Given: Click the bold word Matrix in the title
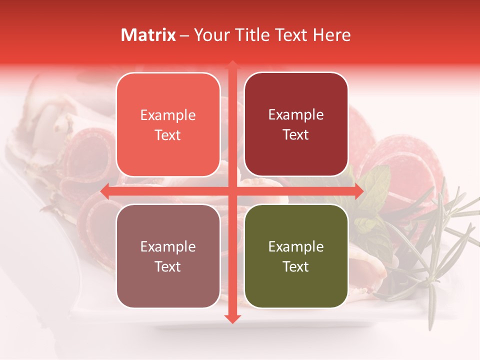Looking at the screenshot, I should click(x=148, y=35).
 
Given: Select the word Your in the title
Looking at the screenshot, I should click(x=210, y=35).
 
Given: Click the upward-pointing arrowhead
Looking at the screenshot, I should click(x=232, y=65).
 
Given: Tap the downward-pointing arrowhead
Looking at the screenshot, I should click(x=232, y=318).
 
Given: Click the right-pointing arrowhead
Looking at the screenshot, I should click(x=359, y=191).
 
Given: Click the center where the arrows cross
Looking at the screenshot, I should click(x=232, y=191).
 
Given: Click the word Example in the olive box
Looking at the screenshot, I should click(x=296, y=246).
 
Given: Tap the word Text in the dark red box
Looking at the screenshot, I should click(x=296, y=134).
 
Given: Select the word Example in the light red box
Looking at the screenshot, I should click(x=168, y=115).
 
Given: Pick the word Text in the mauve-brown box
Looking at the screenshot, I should click(x=168, y=266).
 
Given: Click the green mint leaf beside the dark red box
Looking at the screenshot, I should click(x=376, y=182).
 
